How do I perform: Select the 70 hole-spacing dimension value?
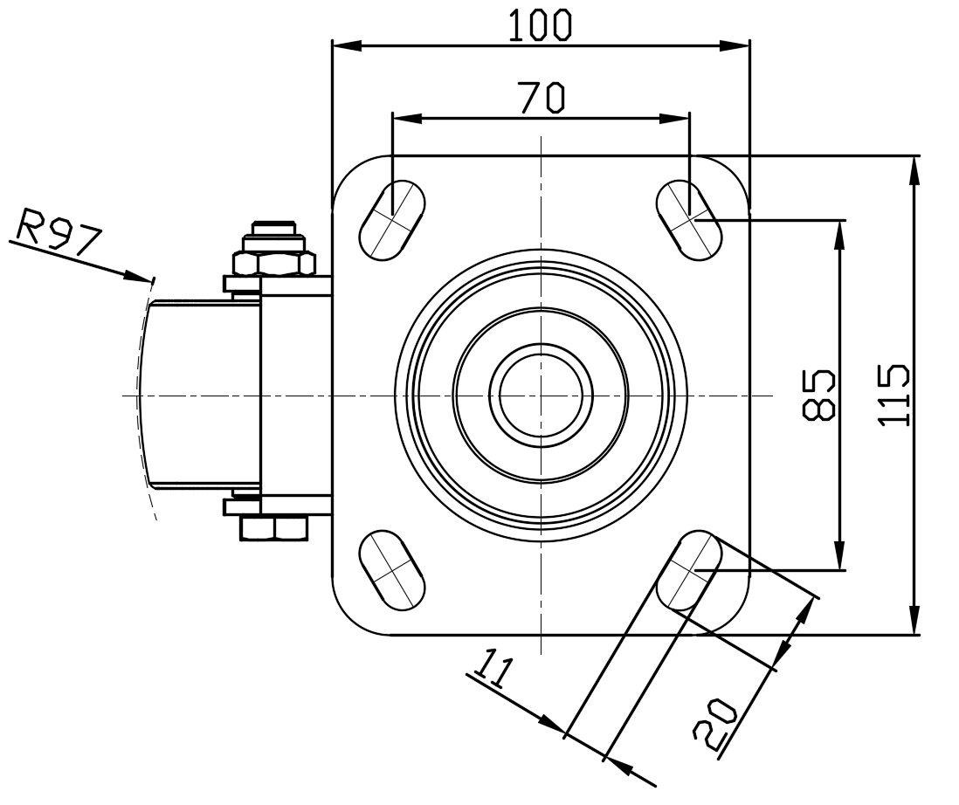click(542, 98)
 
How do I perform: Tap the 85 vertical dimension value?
click(819, 395)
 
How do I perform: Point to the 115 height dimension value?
click(894, 395)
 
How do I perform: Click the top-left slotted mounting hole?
click(392, 218)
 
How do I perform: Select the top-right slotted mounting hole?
click(689, 219)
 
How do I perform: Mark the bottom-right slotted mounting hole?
click(689, 571)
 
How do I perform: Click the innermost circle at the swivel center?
click(541, 395)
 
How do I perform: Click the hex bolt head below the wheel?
click(273, 529)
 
